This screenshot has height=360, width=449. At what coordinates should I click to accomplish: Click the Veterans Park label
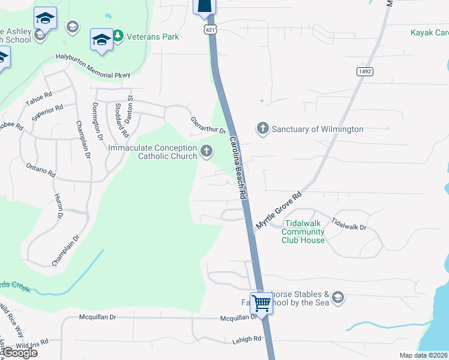[x=152, y=37]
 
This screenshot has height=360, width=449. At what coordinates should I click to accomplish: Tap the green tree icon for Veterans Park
[x=118, y=37]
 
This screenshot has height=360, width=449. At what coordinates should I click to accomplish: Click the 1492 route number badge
[x=364, y=71]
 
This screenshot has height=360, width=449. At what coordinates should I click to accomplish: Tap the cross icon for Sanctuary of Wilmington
[x=262, y=128]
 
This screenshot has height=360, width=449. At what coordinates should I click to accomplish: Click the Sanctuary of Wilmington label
[x=318, y=129]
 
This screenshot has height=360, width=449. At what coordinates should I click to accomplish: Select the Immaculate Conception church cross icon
[x=207, y=151]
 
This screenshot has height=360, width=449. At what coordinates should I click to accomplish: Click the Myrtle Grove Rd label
[x=279, y=209]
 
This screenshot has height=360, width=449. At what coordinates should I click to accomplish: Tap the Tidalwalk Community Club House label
[x=303, y=232]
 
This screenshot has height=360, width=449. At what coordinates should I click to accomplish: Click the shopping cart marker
[x=262, y=304]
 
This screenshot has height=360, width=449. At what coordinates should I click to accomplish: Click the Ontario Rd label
[x=40, y=169]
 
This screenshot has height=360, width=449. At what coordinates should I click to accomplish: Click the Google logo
[x=19, y=352]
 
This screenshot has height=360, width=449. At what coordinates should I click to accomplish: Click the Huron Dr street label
[x=59, y=205]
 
